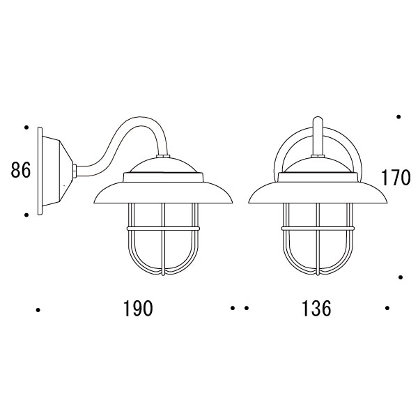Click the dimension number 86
point(21,170)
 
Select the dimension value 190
point(138,309)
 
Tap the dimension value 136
point(316,309)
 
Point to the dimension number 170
point(395,178)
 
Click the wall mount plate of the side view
point(40,171)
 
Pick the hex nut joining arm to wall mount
point(75,171)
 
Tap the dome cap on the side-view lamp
point(163,164)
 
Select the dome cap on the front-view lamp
point(318,164)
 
